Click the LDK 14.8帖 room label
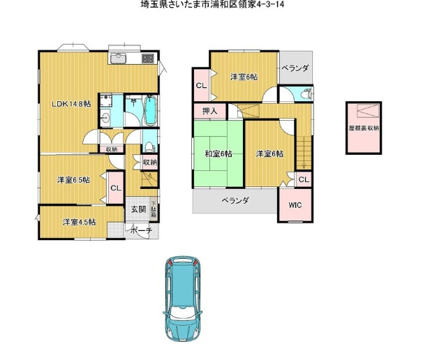72,104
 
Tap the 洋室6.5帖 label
73,180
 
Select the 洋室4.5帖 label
80,222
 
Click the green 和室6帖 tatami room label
218,153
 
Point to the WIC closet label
295,205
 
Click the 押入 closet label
210,111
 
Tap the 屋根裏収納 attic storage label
364,128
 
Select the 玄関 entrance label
138,209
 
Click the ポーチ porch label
141,230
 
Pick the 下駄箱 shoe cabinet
154,210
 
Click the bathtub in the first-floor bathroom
150,110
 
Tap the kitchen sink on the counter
118,58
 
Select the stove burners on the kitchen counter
149,59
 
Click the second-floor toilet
306,94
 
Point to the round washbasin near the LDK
105,119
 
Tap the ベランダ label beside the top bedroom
295,68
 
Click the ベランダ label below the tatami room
235,200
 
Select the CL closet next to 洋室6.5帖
116,188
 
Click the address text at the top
212,4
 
